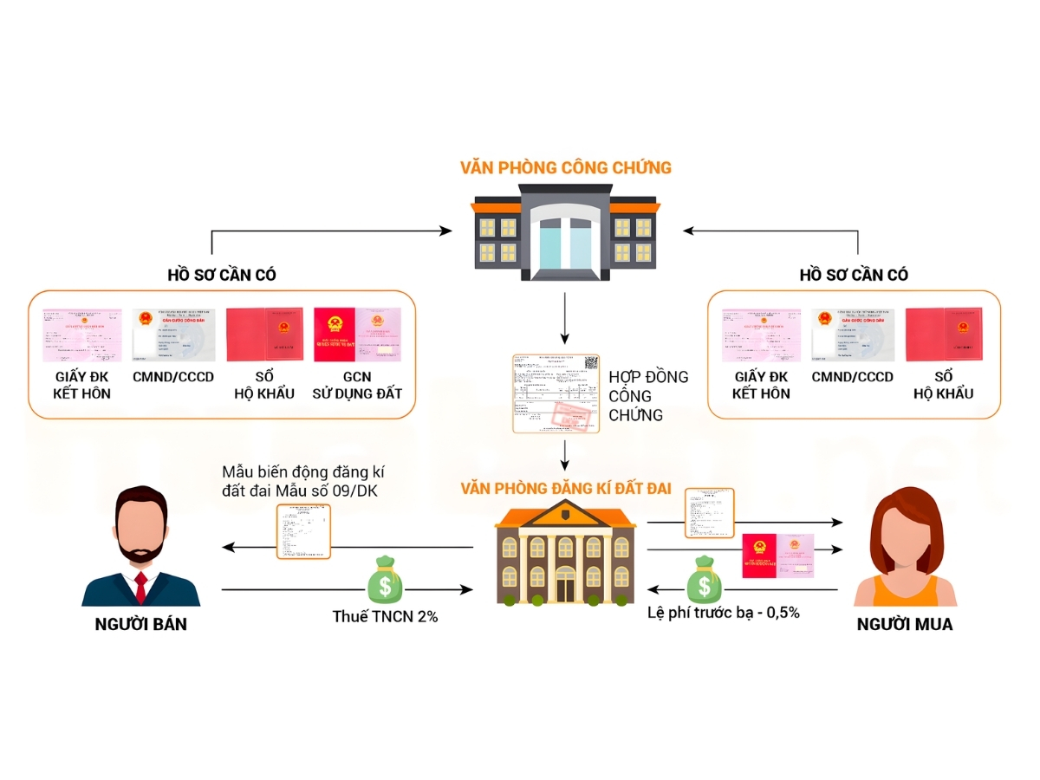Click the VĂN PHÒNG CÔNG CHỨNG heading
[x=565, y=166]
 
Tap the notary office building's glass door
[x=564, y=237]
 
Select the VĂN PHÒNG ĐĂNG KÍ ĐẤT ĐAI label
[x=566, y=488]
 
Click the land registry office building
[x=565, y=555]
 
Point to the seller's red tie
[x=140, y=587]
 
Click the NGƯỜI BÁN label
[x=140, y=624]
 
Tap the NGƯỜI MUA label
[x=904, y=624]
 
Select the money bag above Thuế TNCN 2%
[x=385, y=582]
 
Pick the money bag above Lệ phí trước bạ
[x=705, y=578]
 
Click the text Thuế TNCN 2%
[x=385, y=616]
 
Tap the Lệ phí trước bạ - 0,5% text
[x=723, y=613]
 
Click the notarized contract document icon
[x=556, y=393]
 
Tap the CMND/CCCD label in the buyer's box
[x=852, y=377]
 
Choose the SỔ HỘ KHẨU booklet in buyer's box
[x=944, y=335]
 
